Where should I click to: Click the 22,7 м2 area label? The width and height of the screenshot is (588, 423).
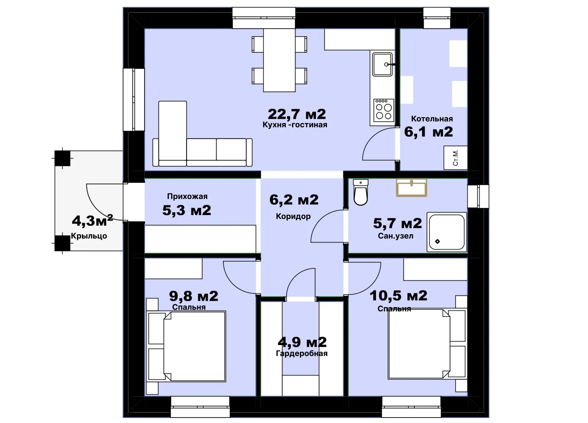point(297,114)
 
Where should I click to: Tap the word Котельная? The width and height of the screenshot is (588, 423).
point(432,119)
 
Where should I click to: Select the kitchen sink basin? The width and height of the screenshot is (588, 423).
point(383,64)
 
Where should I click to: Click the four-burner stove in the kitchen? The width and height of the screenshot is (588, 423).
point(384,110)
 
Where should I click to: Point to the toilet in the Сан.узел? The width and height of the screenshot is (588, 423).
point(361,192)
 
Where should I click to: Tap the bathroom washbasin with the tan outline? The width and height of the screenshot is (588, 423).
point(411,188)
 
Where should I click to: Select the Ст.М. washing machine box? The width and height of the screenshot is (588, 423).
point(456,157)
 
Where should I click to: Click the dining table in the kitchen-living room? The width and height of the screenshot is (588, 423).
point(279,60)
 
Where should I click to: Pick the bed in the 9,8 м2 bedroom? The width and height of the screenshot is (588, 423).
point(186,346)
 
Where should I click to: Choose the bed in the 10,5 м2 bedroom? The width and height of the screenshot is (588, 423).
point(427,344)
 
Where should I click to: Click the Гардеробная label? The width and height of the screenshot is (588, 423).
point(301,354)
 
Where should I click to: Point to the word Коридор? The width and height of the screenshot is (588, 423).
point(293,216)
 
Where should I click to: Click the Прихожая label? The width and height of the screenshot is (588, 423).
point(187,196)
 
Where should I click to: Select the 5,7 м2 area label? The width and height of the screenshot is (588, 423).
point(397,223)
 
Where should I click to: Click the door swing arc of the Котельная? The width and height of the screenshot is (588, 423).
point(373,136)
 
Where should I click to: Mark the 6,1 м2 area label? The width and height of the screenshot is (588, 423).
point(428,132)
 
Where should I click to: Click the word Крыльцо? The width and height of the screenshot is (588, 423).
point(89,236)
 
